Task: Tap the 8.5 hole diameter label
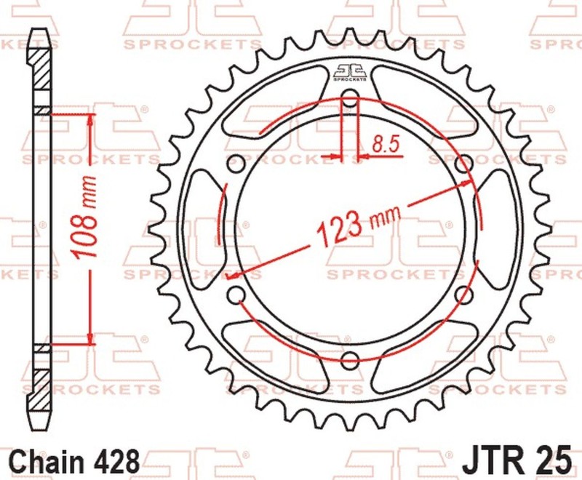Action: coord(386,143)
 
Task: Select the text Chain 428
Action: coord(75,460)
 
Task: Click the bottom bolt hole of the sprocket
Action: coord(350,359)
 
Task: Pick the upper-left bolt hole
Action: coord(236,164)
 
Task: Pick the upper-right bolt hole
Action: coord(463,164)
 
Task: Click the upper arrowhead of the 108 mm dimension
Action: coord(90,119)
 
